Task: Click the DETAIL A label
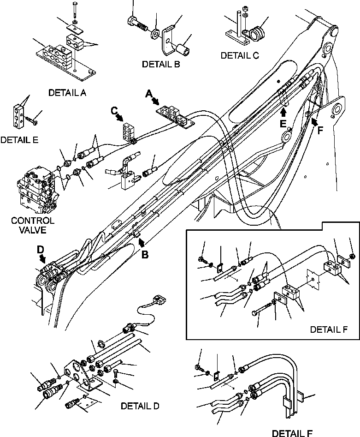(67, 93)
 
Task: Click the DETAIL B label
(161, 65)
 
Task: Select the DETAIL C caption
(240, 55)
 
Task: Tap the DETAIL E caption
(20, 139)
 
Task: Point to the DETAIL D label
(140, 406)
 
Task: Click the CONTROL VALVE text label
(33, 225)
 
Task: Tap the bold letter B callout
(145, 254)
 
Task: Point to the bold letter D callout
(41, 250)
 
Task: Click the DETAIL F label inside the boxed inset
(328, 329)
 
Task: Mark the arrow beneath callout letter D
(43, 258)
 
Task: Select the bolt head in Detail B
(131, 21)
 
